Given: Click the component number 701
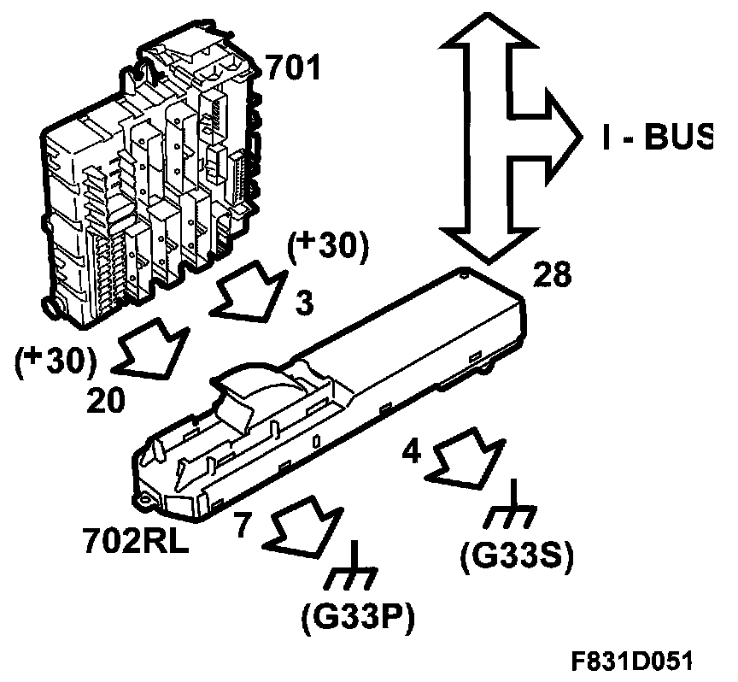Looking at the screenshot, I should pos(292,68).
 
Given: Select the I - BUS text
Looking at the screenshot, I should pos(655,137).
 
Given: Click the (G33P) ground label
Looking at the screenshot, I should pos(357,617).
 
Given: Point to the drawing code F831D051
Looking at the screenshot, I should pos(633,661).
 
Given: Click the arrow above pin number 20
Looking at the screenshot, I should pos(151,349).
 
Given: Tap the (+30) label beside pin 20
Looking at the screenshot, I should pos(54,362).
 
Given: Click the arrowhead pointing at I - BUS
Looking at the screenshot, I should pos(559,137).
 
